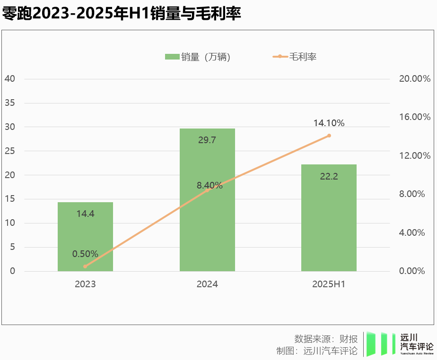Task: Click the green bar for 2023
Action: click(x=85, y=236)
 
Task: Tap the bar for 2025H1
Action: click(x=329, y=217)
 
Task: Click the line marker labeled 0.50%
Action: click(x=85, y=266)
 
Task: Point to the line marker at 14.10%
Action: click(x=329, y=136)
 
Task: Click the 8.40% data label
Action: click(x=210, y=185)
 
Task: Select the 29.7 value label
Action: click(x=207, y=140)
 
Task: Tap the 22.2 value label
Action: click(x=329, y=176)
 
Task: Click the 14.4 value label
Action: click(x=85, y=214)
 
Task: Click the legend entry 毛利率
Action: click(x=295, y=57)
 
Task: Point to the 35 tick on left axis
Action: click(x=9, y=103)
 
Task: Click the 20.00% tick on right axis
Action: click(x=415, y=78)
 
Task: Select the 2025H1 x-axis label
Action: click(x=329, y=284)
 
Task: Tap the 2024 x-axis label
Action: click(x=207, y=284)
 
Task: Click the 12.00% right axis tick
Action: click(x=415, y=155)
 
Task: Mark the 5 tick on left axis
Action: click(x=12, y=247)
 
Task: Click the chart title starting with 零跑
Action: click(x=122, y=14)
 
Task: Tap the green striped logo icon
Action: click(x=381, y=344)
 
